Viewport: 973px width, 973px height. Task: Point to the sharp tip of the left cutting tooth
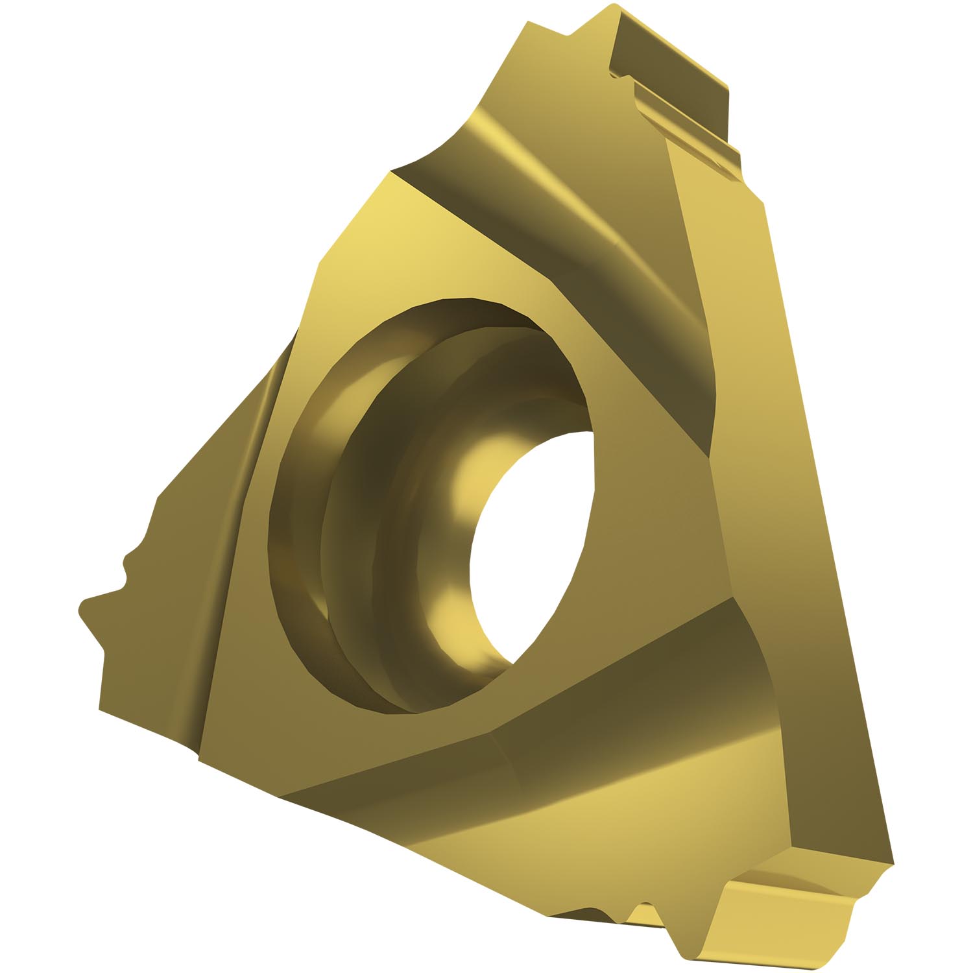[x=81, y=607]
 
